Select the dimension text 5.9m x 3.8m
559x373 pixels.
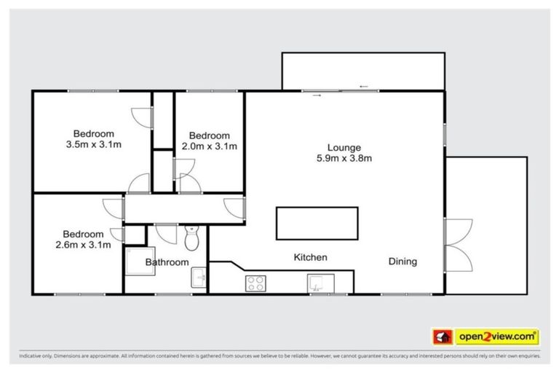click(x=344, y=158)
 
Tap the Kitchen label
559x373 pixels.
click(x=310, y=257)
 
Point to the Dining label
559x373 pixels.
click(x=403, y=262)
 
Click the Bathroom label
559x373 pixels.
click(x=167, y=262)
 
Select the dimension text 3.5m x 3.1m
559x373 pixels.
click(x=93, y=145)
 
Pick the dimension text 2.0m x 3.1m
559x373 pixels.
click(x=209, y=146)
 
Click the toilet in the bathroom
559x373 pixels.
click(x=192, y=237)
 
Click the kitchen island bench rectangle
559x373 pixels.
click(x=317, y=223)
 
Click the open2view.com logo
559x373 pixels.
click(x=496, y=337)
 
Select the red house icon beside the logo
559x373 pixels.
click(x=442, y=337)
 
